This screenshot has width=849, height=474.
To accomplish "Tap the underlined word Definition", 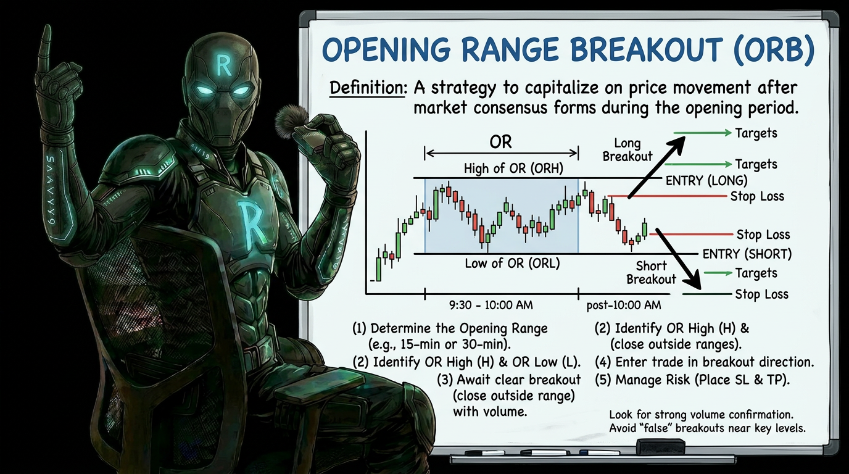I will [368, 87].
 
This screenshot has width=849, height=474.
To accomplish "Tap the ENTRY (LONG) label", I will [706, 181].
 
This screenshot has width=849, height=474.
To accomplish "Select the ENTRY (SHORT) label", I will [747, 254].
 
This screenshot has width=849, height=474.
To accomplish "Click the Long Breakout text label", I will [627, 150].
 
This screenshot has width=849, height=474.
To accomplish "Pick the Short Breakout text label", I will [651, 273].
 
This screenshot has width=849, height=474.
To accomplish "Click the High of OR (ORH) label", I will [513, 167].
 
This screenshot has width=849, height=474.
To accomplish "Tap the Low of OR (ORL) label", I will [512, 264].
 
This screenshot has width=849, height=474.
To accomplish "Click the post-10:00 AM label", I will [623, 305].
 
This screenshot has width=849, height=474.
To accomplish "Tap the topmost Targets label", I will [756, 133].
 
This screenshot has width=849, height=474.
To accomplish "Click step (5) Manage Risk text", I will [692, 380].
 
